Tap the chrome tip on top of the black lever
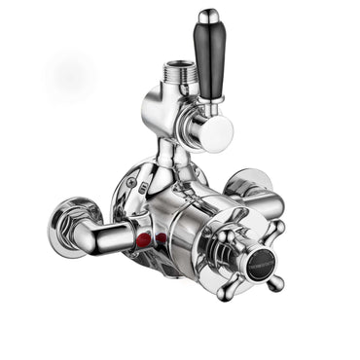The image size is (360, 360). click(208, 17)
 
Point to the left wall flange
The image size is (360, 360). click(69, 228)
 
